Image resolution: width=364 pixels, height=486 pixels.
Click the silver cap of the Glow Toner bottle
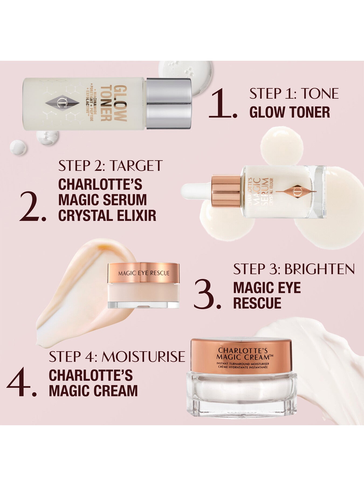point(169,103)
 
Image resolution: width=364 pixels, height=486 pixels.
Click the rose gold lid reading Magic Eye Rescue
point(143,273)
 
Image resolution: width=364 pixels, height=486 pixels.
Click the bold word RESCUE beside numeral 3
point(257,303)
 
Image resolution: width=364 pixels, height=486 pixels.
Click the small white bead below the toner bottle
point(18,148)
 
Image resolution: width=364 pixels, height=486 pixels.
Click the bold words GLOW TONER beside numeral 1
point(290,112)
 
